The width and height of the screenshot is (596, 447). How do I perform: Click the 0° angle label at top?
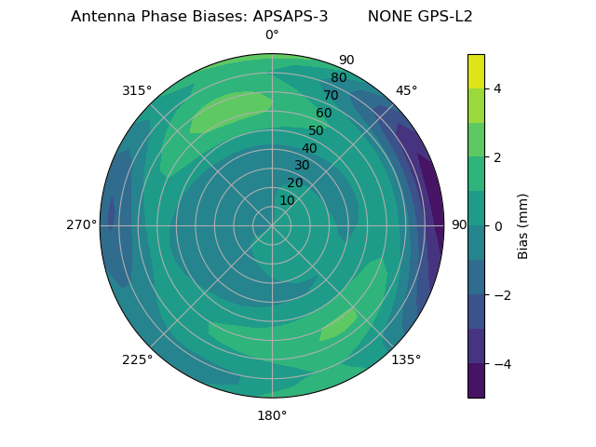pyautogui.click(x=272, y=35)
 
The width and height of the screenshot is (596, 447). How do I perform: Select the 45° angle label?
pyautogui.click(x=406, y=90)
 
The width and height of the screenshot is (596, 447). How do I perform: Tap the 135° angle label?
pyautogui.click(x=406, y=359)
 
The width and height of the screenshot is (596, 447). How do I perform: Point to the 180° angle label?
pyautogui.click(x=272, y=415)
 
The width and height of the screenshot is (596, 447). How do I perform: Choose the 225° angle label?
pyautogui.click(x=137, y=359)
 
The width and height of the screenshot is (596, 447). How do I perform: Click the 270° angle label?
pyautogui.click(x=81, y=225)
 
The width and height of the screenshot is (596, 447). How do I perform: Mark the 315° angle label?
pyautogui.click(x=137, y=90)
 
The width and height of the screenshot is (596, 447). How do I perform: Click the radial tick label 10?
pyautogui.click(x=287, y=200)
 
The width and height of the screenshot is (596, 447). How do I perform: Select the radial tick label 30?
pyautogui.click(x=302, y=165)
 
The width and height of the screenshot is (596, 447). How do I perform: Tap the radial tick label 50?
pyautogui.click(x=317, y=130)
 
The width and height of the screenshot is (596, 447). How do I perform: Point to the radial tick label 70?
pyautogui.click(x=332, y=95)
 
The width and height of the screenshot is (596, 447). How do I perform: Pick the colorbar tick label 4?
pyautogui.click(x=497, y=88)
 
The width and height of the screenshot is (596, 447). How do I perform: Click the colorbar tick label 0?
pyautogui.click(x=497, y=225)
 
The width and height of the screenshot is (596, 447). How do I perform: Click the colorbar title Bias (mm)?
pyautogui.click(x=523, y=225)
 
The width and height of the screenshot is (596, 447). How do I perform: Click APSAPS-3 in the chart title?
pyautogui.click(x=290, y=17)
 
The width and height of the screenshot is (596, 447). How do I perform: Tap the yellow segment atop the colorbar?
pyautogui.click(x=476, y=71)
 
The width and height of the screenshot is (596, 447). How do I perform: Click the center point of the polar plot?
pyautogui.click(x=272, y=225)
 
